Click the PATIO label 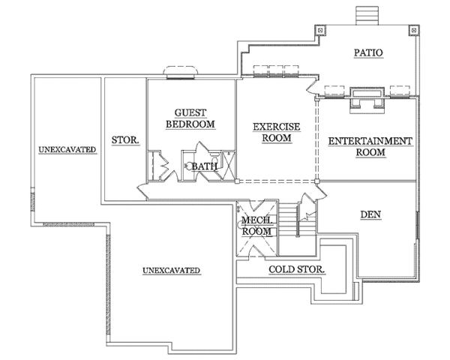click(x=368, y=52)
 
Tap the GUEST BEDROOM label click(x=190, y=118)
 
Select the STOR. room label click(x=125, y=140)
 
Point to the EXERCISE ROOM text click(x=276, y=132)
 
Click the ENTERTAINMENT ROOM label click(x=370, y=146)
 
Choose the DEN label click(x=370, y=214)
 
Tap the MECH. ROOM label click(x=256, y=226)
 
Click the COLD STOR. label click(x=296, y=269)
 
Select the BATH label click(x=204, y=166)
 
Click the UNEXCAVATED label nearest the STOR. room click(x=67, y=149)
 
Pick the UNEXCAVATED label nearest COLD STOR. click(x=171, y=271)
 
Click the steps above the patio click(x=367, y=16)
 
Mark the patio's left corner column click(x=320, y=30)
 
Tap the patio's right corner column click(x=413, y=30)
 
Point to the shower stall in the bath click(x=229, y=166)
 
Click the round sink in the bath click(x=190, y=166)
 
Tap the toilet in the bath click(x=214, y=159)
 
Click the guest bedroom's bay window click(x=181, y=72)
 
